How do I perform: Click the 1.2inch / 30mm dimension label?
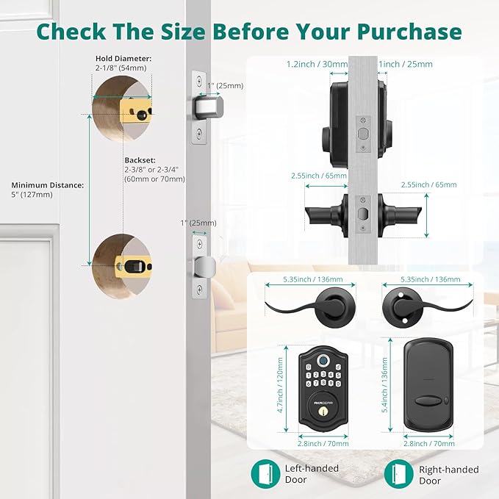317,64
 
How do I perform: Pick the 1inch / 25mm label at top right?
406,64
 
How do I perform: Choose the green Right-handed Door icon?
398,473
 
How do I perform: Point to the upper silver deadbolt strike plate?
198,107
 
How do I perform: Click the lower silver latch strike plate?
200,264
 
